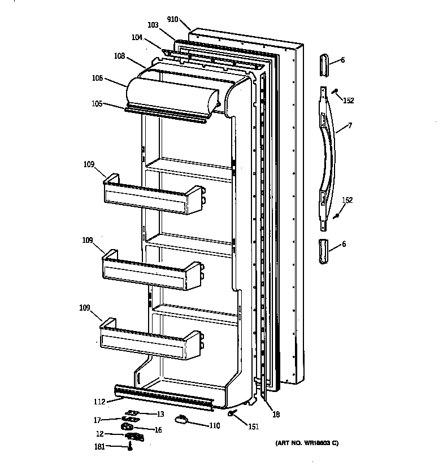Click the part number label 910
click(173, 19)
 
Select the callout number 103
click(153, 25)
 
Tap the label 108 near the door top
click(119, 56)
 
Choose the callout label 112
click(99, 402)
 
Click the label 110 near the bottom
click(214, 425)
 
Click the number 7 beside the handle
click(350, 125)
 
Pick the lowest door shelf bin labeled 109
click(151, 341)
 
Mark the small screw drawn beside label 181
click(131, 447)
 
